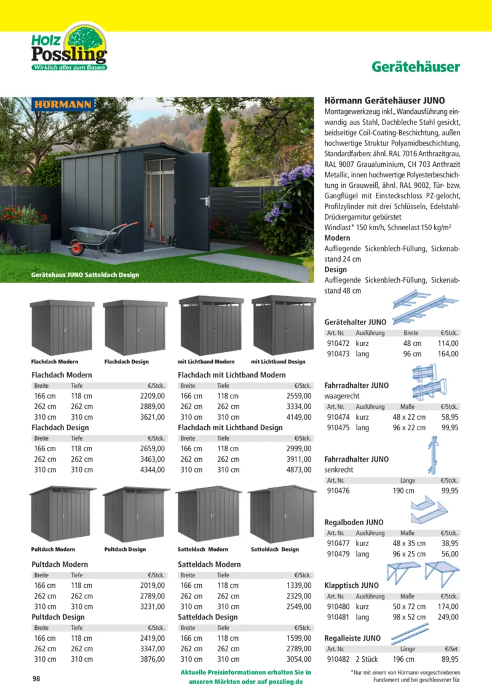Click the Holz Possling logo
[x=69, y=47]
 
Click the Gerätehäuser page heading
[x=416, y=67]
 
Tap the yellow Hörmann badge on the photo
[x=63, y=104]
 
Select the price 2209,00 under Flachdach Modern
[x=153, y=396]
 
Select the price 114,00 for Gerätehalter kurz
[x=448, y=343]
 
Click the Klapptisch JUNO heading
[x=351, y=585]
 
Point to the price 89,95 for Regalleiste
[x=448, y=659]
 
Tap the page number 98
[x=37, y=679]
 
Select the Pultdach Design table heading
[x=58, y=617]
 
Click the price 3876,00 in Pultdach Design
[x=153, y=659]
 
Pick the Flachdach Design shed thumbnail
[x=135, y=327]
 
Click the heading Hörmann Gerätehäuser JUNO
[x=384, y=100]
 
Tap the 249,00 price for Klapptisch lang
[x=448, y=617]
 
